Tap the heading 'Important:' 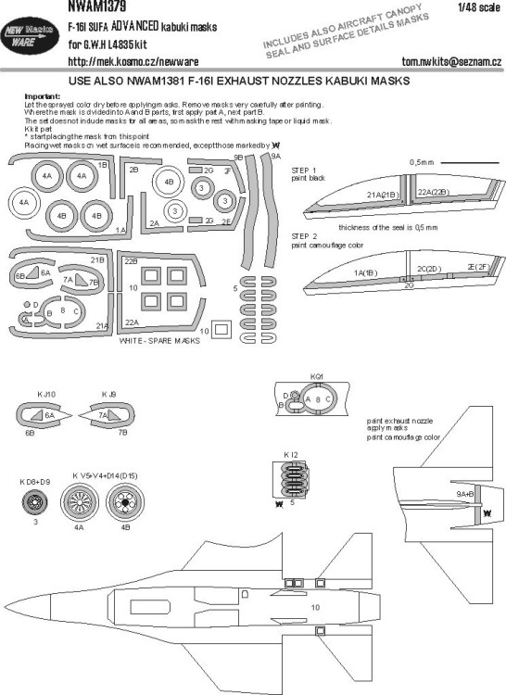pos(33,96)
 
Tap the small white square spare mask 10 pos(222,328)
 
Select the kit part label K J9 pos(109,396)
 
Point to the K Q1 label pos(309,377)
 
